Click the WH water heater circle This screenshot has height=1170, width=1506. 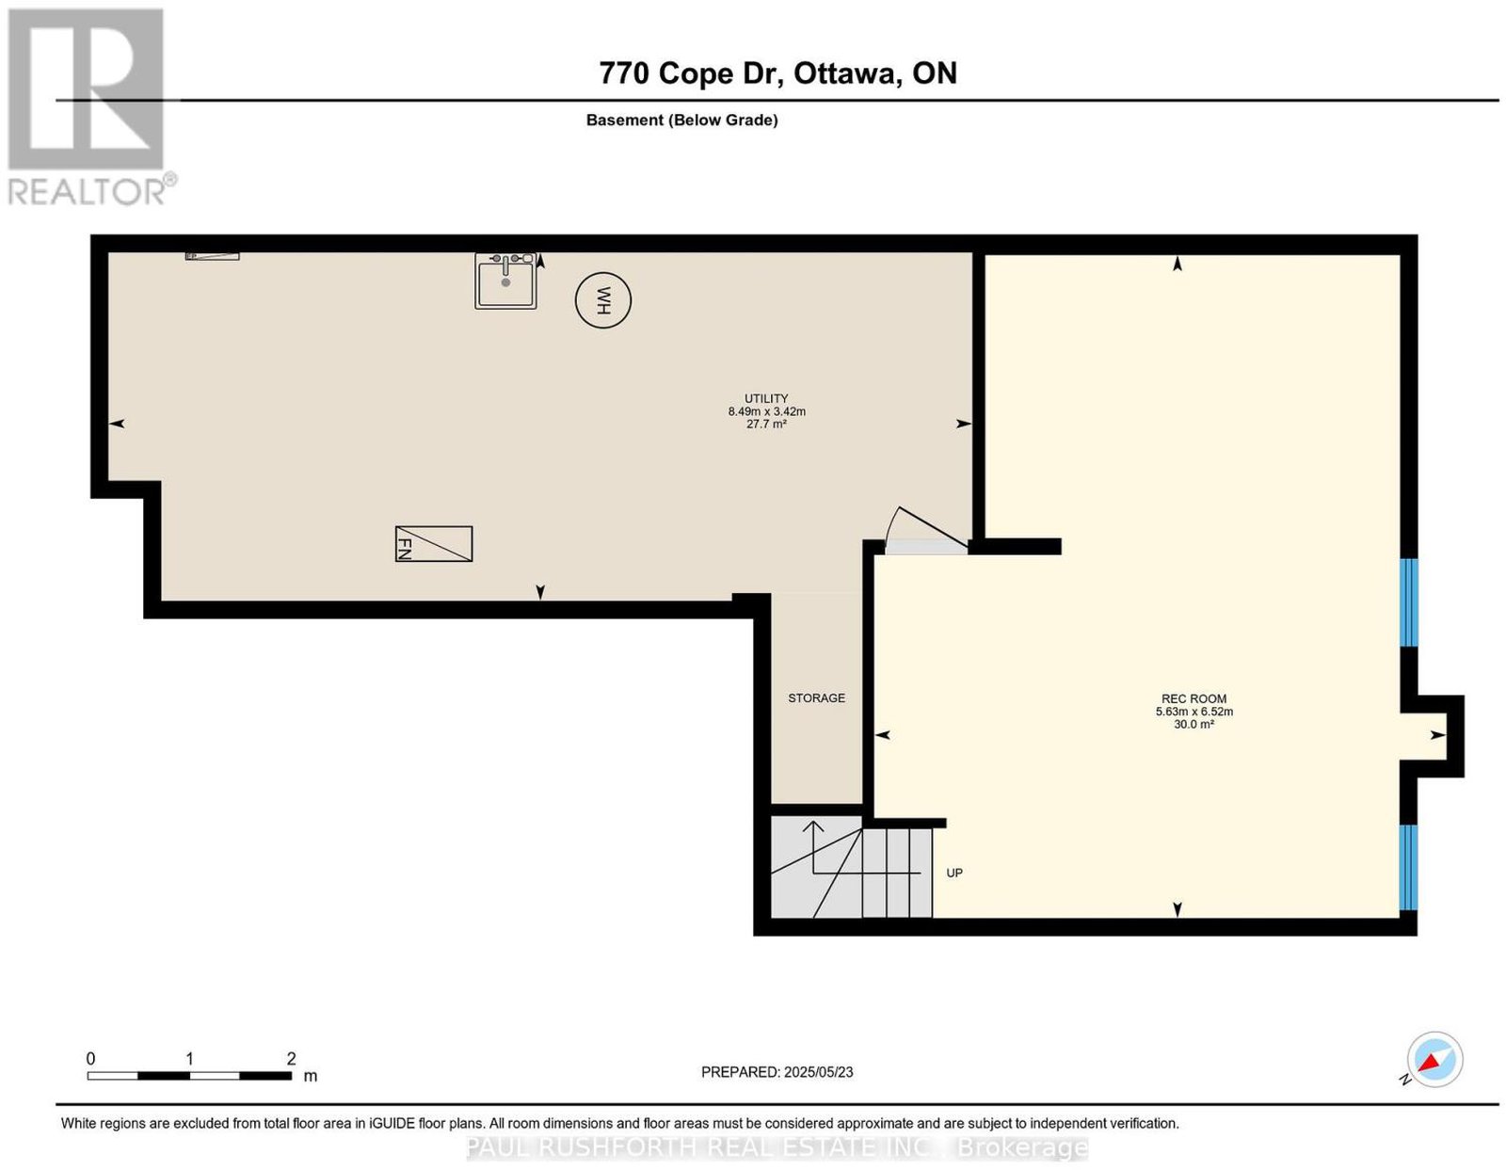pos(603,300)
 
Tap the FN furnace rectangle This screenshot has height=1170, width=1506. pos(434,544)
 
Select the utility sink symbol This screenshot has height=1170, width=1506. pos(506,280)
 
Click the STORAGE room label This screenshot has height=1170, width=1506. pos(816,698)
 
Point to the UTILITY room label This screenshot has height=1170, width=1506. pos(766,398)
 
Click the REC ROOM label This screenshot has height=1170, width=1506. pos(1194,699)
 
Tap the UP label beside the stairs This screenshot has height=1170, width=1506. pos(954,873)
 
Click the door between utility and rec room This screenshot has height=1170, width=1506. pos(926,537)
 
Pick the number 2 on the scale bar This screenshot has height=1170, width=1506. pos(291,1059)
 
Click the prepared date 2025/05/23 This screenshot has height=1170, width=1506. pos(818,1072)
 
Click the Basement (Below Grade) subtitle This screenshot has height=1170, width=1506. pos(682,120)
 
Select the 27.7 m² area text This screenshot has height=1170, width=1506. pos(766,424)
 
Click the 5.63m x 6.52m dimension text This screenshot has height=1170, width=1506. pos(1194,712)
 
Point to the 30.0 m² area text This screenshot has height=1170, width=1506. pos(1194,724)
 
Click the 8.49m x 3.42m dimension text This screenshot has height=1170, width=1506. pos(766,411)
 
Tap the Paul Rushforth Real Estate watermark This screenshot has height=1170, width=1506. pos(777,1147)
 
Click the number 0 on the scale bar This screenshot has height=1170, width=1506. pos(90,1059)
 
